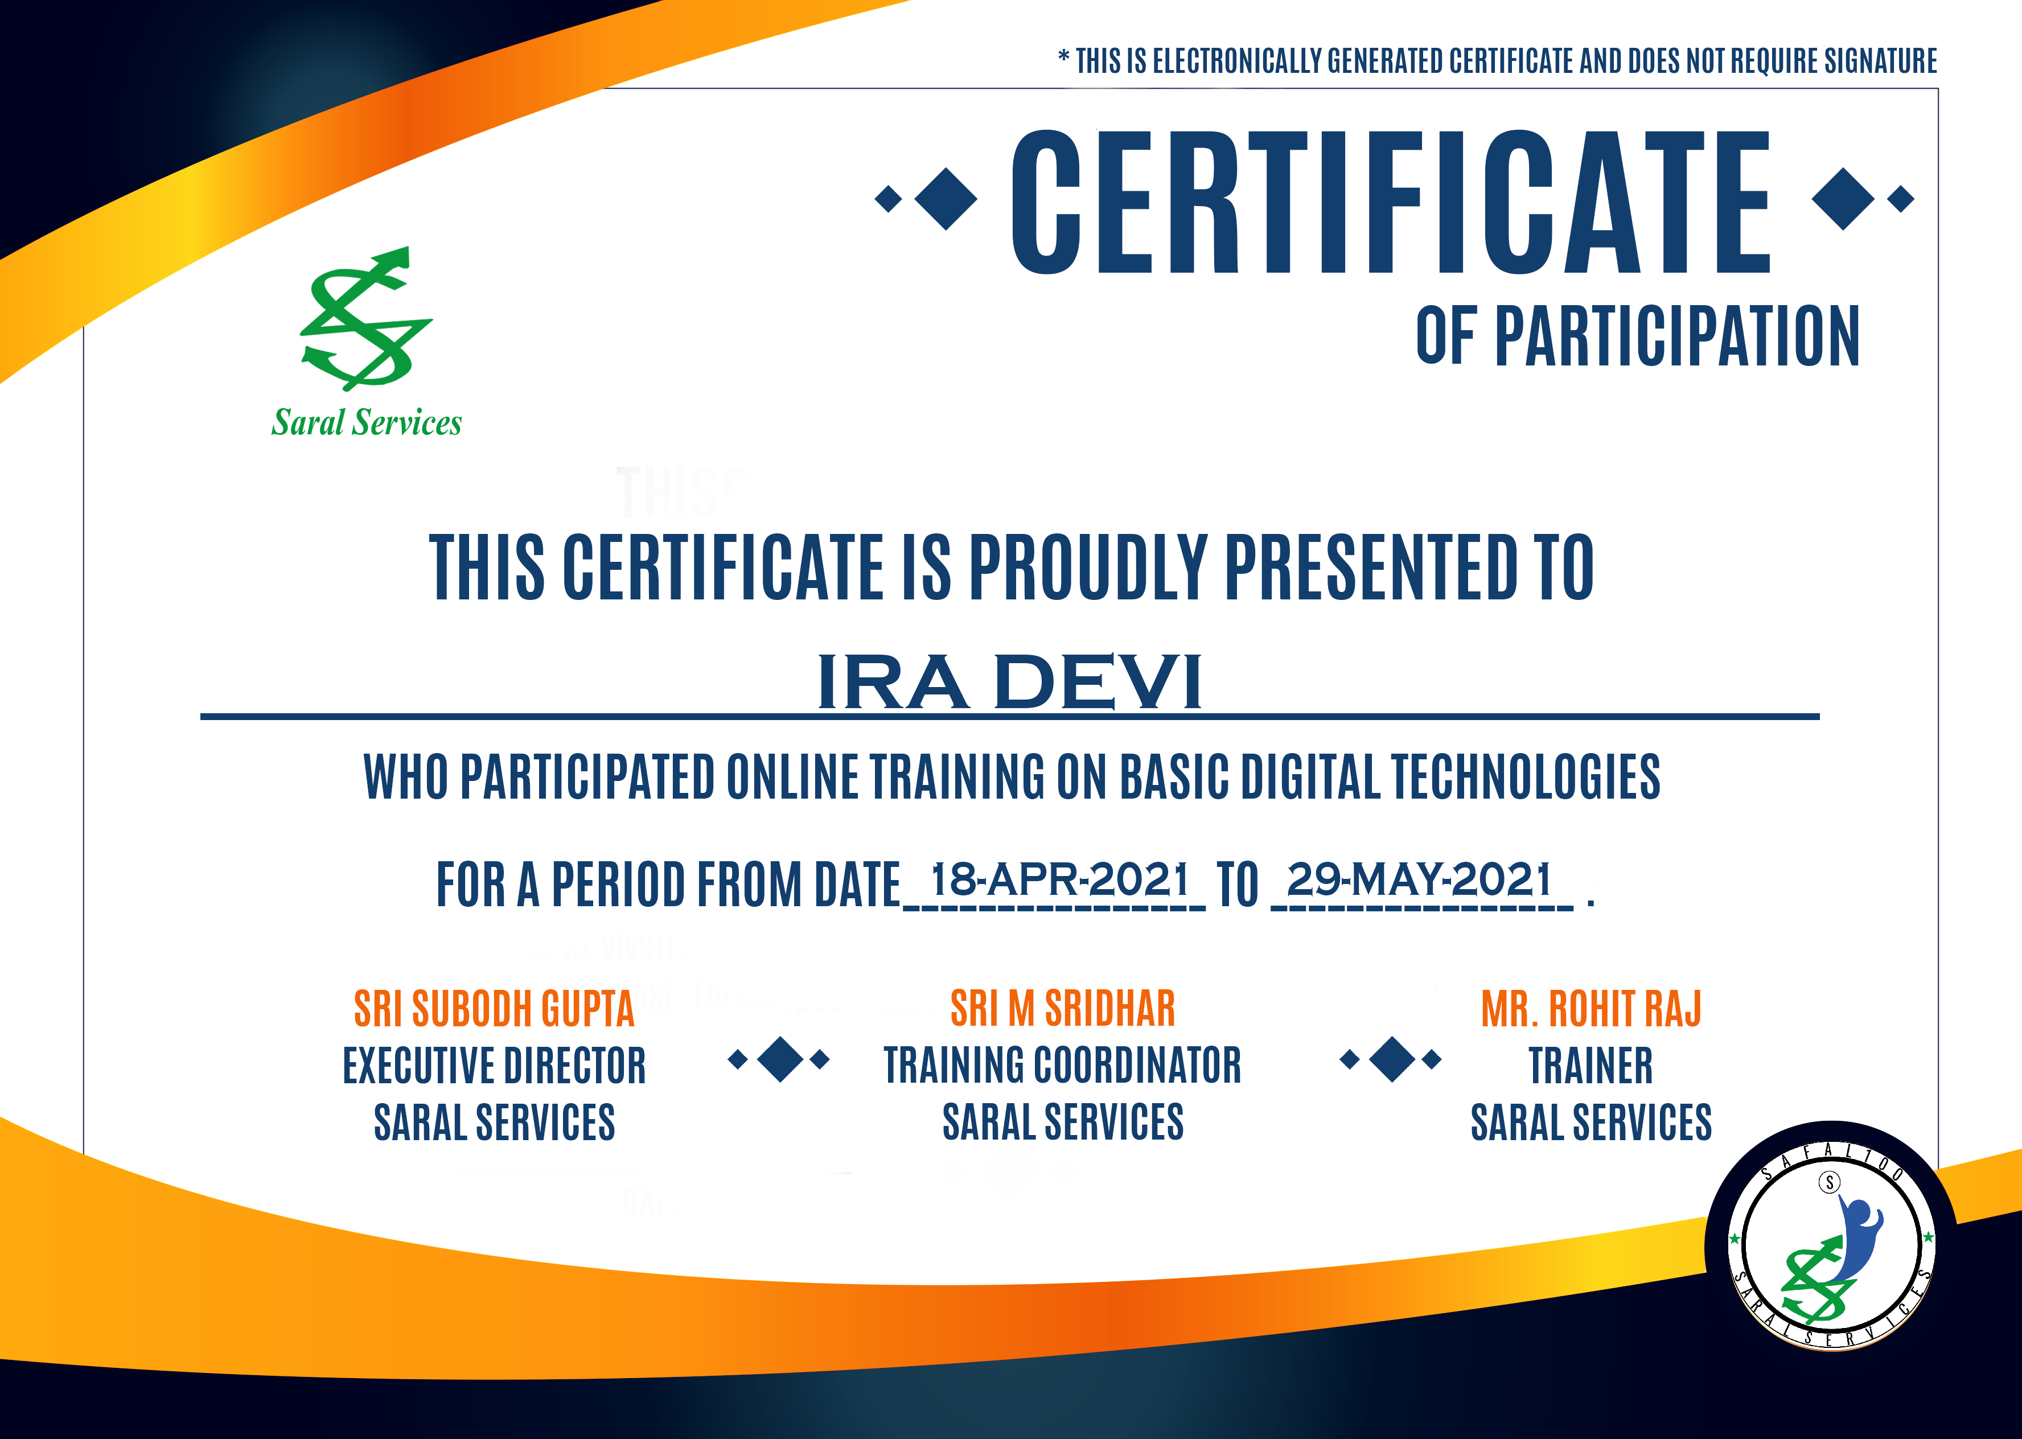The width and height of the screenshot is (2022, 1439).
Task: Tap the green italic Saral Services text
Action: [367, 423]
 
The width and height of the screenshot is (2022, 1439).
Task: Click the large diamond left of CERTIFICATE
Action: [946, 199]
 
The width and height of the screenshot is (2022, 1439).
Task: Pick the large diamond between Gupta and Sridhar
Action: [780, 1059]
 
